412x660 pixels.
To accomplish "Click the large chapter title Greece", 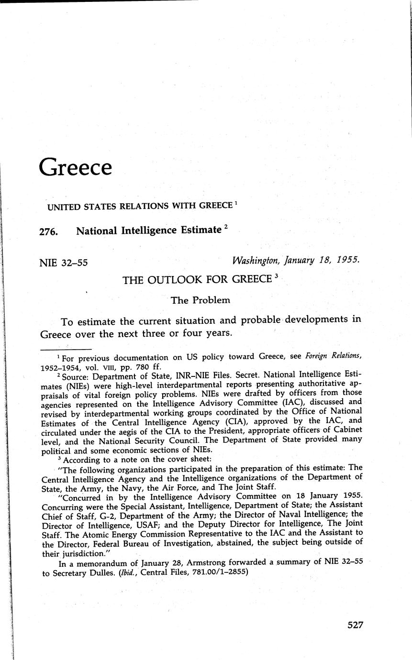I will click(x=76, y=168).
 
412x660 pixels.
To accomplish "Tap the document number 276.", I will click(x=49, y=231).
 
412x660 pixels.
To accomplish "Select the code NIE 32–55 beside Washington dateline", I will click(x=63, y=263).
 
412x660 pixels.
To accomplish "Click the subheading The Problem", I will click(x=200, y=300).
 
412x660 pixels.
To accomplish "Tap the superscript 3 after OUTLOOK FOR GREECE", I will click(x=277, y=276).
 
